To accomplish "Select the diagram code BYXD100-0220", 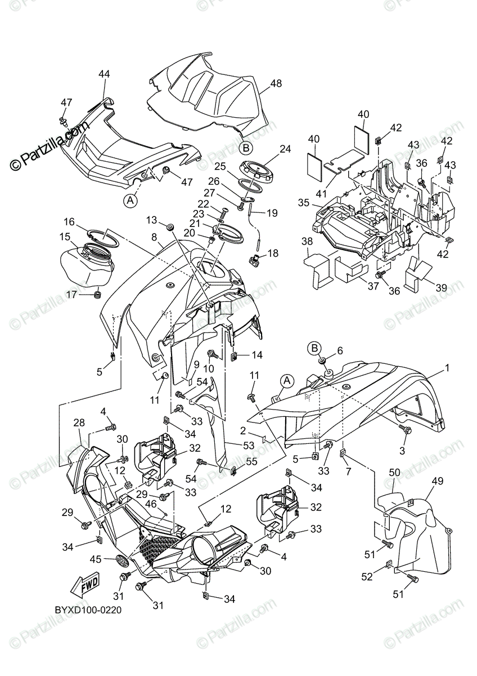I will (x=88, y=610).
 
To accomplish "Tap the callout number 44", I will (x=103, y=74).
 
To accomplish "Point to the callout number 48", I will (x=276, y=83).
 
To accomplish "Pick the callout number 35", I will (x=304, y=202).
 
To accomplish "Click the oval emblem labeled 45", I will (x=122, y=560).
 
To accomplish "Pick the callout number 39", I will (x=442, y=287).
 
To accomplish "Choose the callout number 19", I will (x=272, y=214).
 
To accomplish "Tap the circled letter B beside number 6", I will (x=315, y=346).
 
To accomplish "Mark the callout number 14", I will (x=257, y=355).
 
